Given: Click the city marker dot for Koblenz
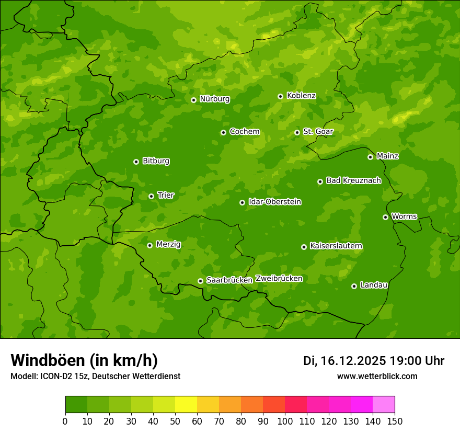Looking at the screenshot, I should pos(281,96).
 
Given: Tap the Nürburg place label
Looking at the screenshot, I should pos(214,99).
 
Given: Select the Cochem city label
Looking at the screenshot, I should pos(244,132).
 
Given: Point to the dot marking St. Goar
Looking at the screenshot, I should pos(297,132).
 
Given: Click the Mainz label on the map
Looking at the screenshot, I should pos(387,156).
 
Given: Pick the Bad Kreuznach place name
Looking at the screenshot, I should pos(353,180).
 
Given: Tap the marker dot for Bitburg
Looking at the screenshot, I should pos(136,162).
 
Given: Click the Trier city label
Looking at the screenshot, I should pos(166,195).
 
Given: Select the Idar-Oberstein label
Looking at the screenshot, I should pos(274,202).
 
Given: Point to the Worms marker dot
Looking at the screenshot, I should pos(386,217).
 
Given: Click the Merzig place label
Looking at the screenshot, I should pos(168,244).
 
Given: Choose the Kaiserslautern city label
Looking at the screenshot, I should pos(336,246).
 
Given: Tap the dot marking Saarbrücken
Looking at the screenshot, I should pos(200,281).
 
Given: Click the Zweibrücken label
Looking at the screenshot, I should pos(279,279).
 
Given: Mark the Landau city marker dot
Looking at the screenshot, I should pos(354,286).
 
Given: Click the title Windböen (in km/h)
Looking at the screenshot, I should pos(84,360).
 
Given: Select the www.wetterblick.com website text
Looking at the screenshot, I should pos(377,376).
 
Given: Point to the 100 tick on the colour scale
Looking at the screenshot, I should pos(285,420).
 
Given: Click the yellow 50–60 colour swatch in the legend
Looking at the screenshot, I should pos(186,404).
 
